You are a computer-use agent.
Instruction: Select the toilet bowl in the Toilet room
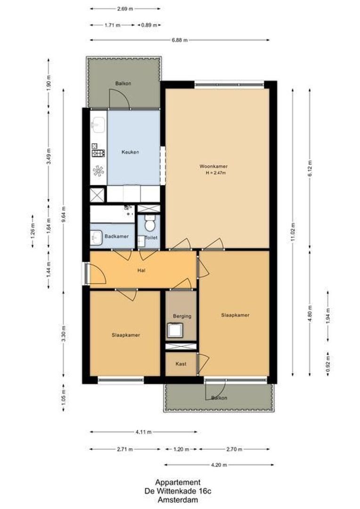149,221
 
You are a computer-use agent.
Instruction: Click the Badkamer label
117,236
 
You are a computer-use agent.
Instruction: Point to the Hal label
141,271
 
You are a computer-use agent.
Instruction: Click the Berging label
182,316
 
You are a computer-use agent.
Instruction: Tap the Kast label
181,364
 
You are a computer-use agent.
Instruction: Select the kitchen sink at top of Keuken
98,125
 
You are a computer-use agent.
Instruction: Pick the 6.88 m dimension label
180,40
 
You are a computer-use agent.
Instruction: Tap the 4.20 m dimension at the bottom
219,465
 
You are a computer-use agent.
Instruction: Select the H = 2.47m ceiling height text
216,173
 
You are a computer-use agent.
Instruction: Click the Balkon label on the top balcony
123,83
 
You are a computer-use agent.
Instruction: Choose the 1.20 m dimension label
180,450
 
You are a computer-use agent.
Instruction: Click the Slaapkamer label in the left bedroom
126,335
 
